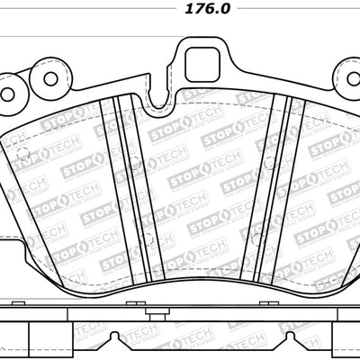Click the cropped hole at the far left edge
click(4, 93)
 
